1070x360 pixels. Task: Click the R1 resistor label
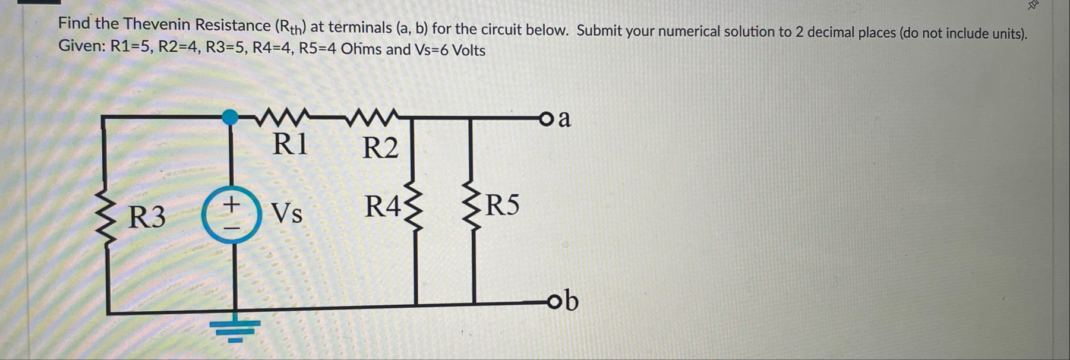pyautogui.click(x=290, y=144)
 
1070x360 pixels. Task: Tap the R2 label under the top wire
pyautogui.click(x=380, y=147)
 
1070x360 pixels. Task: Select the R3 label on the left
pyautogui.click(x=147, y=217)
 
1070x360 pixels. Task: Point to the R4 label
pyautogui.click(x=383, y=207)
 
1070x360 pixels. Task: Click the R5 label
pyautogui.click(x=503, y=205)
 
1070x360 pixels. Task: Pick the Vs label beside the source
pyautogui.click(x=286, y=213)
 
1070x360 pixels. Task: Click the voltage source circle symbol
pyautogui.click(x=231, y=216)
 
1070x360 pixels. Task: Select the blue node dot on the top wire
pyautogui.click(x=230, y=117)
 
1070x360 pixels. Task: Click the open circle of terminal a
pyautogui.click(x=546, y=119)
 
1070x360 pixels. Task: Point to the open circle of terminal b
pyautogui.click(x=554, y=302)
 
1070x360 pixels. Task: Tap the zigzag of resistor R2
pyautogui.click(x=372, y=117)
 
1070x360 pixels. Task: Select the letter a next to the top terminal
pyautogui.click(x=564, y=119)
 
